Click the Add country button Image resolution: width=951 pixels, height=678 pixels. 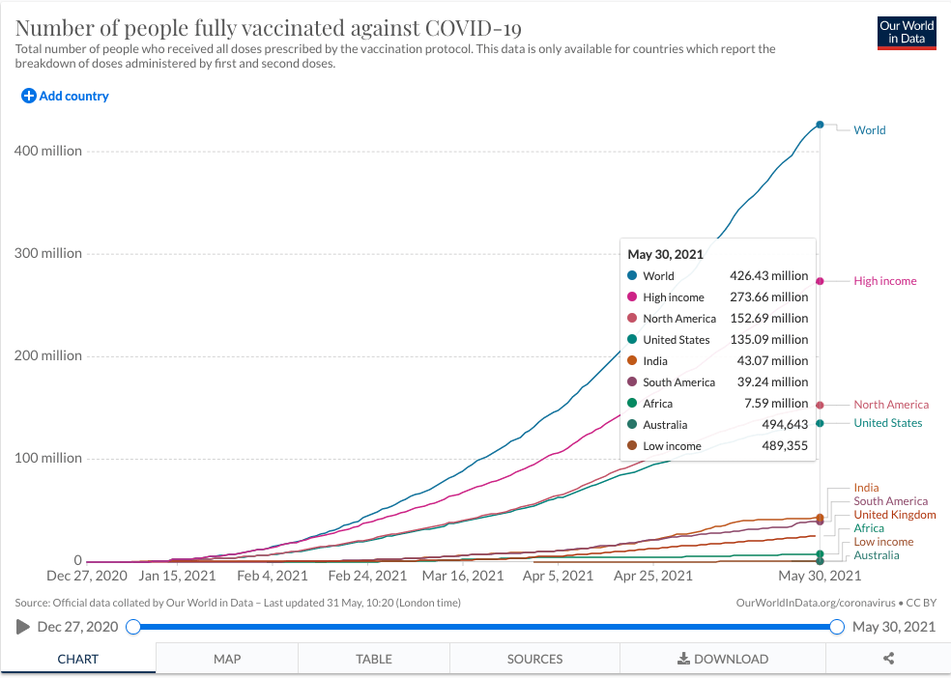[66, 96]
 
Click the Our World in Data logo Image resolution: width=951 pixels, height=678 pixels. [907, 32]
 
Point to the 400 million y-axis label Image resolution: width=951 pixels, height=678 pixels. [47, 151]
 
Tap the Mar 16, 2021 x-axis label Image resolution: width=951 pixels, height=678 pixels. [459, 576]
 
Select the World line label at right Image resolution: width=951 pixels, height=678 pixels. [869, 129]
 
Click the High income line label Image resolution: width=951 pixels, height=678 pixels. [884, 281]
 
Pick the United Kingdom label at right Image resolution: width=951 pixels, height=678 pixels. [895, 515]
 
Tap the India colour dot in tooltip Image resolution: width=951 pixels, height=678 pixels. [632, 361]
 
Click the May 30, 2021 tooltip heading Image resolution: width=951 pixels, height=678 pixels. [665, 255]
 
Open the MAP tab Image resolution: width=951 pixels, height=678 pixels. [227, 659]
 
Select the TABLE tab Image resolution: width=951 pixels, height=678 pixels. [374, 659]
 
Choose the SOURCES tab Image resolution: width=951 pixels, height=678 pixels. [534, 659]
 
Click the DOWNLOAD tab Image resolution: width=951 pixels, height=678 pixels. [722, 659]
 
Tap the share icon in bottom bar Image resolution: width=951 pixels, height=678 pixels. [889, 659]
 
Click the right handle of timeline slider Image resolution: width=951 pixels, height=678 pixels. [837, 627]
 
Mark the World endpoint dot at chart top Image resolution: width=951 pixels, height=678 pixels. [820, 125]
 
